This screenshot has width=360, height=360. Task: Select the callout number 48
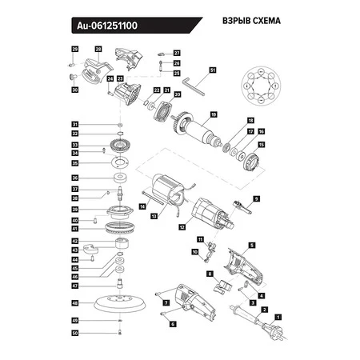pos(74,304)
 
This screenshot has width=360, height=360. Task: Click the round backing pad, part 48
pos(119,304)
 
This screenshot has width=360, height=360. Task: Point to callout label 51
pos(213,70)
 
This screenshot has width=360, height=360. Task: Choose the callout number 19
pos(213,114)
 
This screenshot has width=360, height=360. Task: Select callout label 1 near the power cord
pos(278,317)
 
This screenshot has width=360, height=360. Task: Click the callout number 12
pos(182,227)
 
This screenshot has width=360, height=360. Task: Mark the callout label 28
pos(99,50)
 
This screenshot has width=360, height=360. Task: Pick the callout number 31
pos(74,125)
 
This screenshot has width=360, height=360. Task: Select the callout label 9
pos(257,198)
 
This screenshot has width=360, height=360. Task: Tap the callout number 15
pos(260,145)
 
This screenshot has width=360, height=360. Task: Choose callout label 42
pos(74,241)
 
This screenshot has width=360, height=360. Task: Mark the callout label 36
pos(74,178)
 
